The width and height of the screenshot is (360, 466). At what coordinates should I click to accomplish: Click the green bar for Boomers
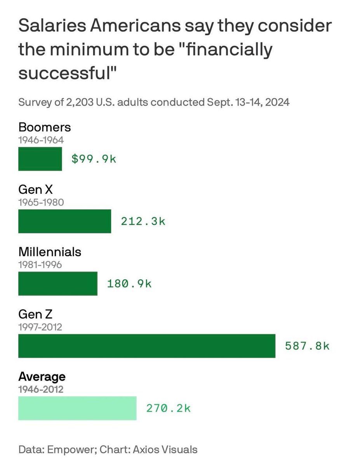click(x=40, y=159)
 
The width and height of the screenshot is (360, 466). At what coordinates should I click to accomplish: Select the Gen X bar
click(x=64, y=221)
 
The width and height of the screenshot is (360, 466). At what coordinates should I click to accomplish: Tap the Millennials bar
click(x=58, y=283)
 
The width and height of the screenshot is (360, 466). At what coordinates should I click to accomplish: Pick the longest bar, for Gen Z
click(x=147, y=346)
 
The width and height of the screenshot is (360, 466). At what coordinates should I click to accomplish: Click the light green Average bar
click(x=77, y=408)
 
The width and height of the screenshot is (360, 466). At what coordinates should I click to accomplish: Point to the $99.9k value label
click(x=94, y=159)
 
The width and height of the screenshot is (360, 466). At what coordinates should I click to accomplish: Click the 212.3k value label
click(x=143, y=221)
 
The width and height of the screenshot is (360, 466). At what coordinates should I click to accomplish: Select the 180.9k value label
click(x=129, y=283)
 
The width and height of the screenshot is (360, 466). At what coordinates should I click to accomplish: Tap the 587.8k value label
click(x=307, y=346)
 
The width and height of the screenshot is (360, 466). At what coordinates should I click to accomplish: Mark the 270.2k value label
click(x=169, y=408)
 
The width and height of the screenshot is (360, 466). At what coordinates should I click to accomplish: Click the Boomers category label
click(x=45, y=127)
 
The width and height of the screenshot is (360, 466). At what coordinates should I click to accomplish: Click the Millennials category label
click(x=50, y=252)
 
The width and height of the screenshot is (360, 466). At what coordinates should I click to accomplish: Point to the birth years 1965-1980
click(x=41, y=202)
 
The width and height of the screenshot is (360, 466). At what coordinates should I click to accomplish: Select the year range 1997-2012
click(x=40, y=327)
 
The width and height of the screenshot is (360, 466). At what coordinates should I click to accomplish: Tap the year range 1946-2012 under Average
click(x=41, y=389)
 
